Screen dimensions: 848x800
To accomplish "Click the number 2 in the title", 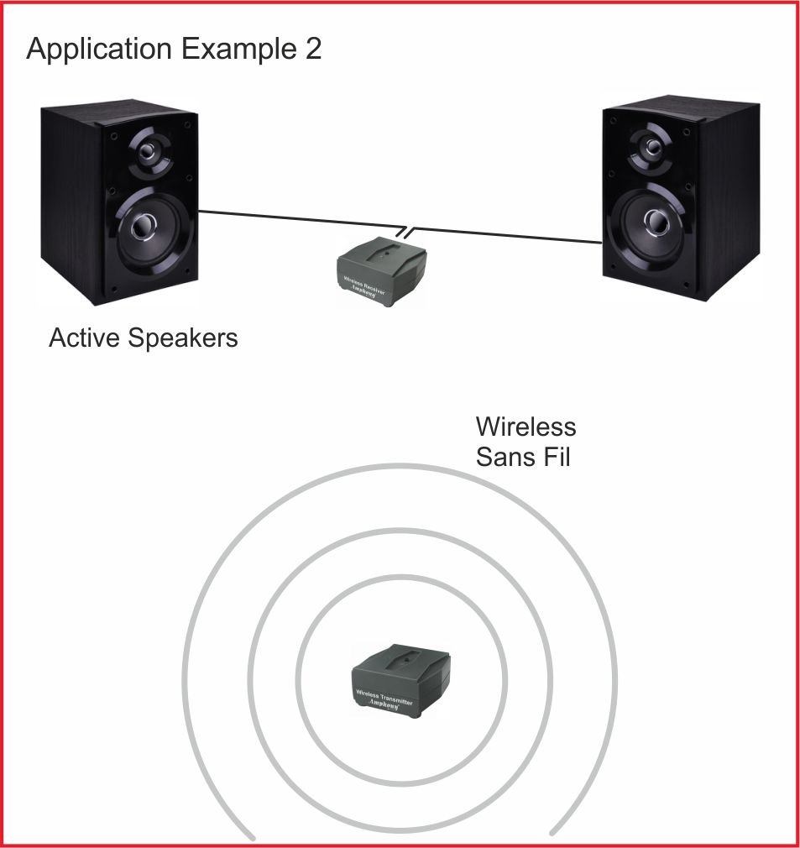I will (311, 50).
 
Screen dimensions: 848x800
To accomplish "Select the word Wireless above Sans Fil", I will (525, 427).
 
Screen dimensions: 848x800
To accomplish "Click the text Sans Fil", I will (523, 458).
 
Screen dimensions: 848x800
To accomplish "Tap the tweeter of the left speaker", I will (149, 153).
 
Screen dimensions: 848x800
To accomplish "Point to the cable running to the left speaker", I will (294, 219).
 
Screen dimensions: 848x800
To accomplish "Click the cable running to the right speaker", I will (504, 234).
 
